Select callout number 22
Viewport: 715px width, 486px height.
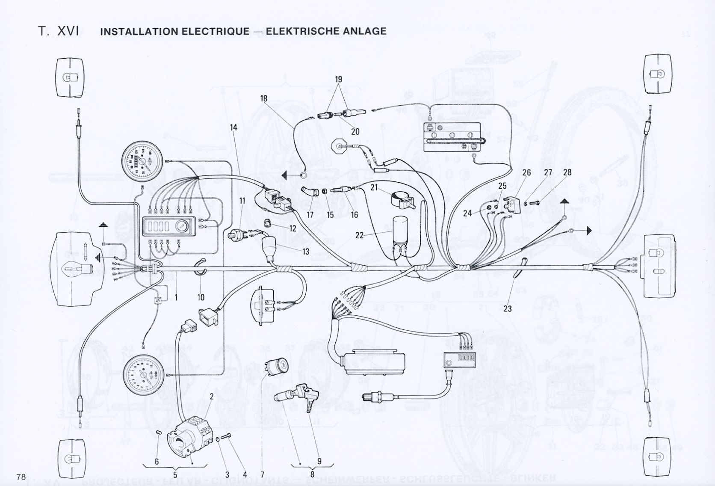pyautogui.click(x=359, y=235)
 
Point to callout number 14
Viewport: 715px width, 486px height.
pyautogui.click(x=233, y=127)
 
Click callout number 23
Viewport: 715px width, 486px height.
pyautogui.click(x=508, y=308)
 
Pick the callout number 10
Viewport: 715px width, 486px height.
pyautogui.click(x=201, y=297)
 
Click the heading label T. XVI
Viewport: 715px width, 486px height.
pyautogui.click(x=60, y=31)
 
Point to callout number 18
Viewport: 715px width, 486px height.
pyautogui.click(x=263, y=99)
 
